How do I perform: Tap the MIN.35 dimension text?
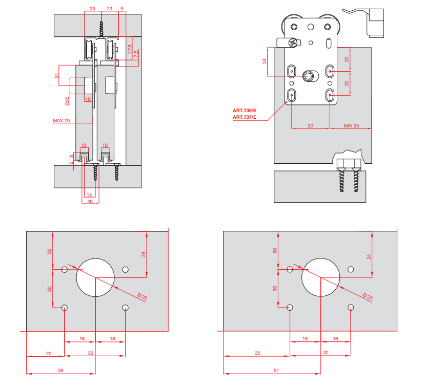pos(351,125)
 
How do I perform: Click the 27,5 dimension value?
pos(130,50)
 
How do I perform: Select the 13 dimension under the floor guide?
pos(89,194)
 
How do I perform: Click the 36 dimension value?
pos(61,370)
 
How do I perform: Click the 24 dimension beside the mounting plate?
pos(265,61)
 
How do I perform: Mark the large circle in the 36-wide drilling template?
pos(95,277)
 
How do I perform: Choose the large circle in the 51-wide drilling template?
pos(320,277)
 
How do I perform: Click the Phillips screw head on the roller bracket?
pos(293,44)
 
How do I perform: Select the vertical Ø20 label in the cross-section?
pos(67,101)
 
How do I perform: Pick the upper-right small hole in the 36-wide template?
pos(126,269)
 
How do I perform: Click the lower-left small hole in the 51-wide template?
pos(290,307)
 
